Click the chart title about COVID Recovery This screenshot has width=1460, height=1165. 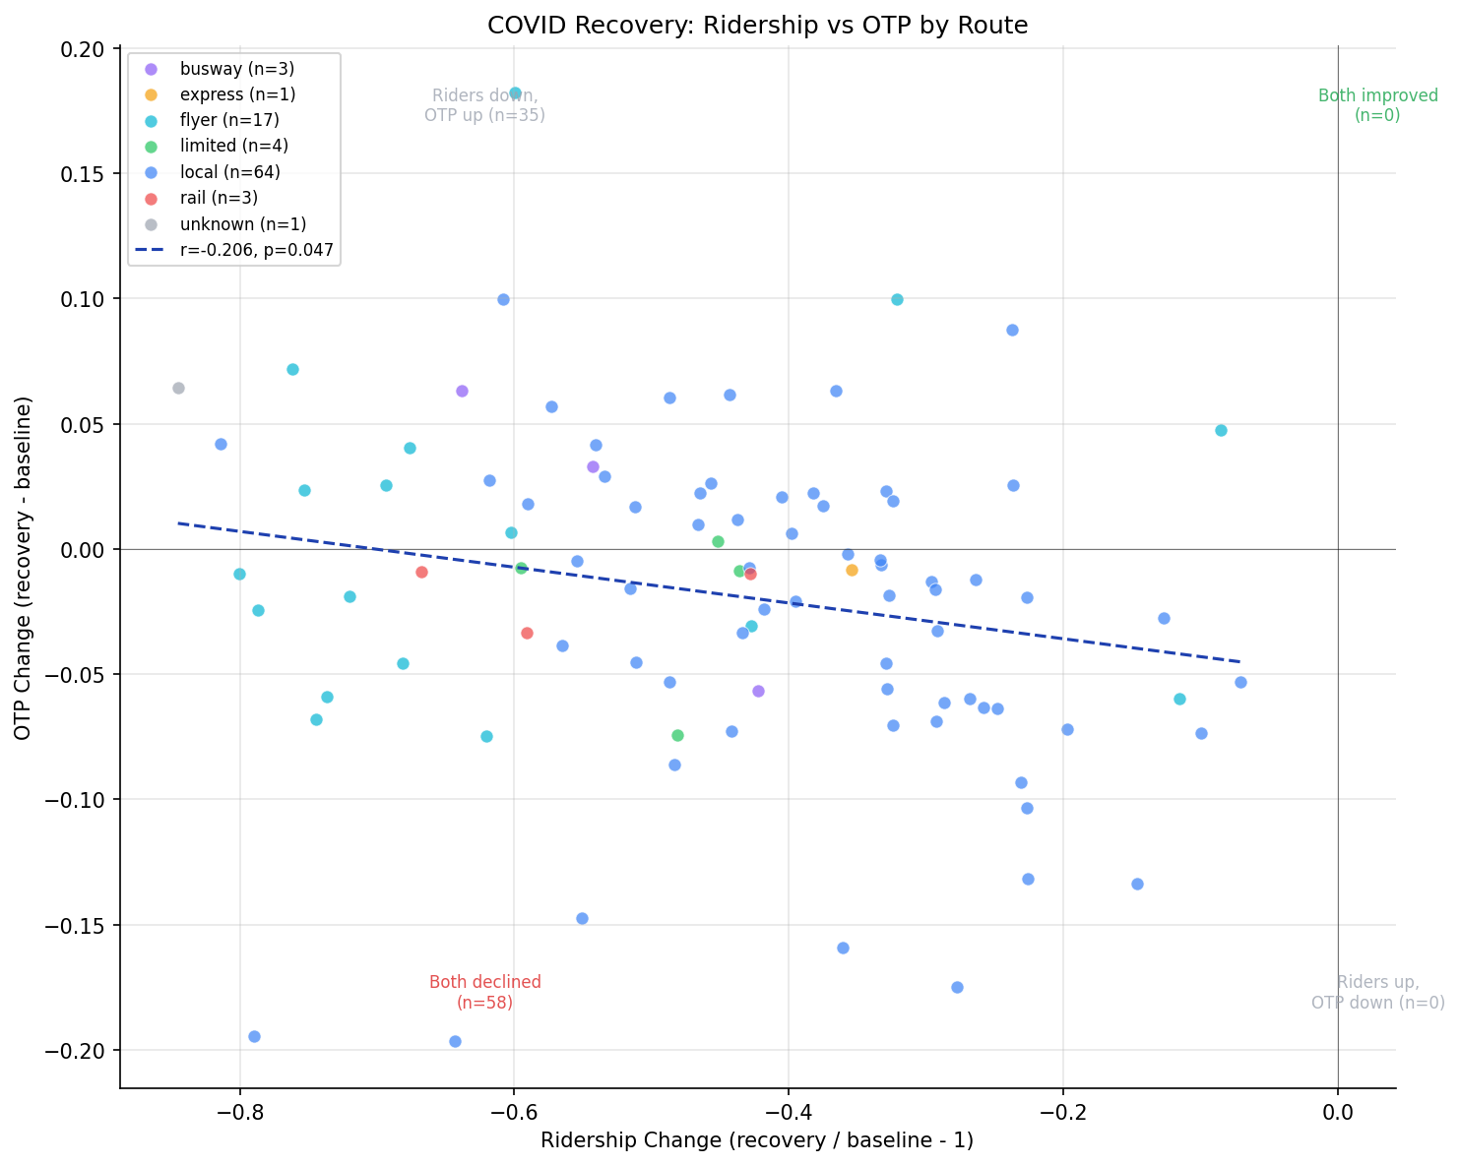[x=757, y=26]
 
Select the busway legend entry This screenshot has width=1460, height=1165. [x=236, y=69]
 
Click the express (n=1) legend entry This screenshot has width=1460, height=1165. [x=237, y=94]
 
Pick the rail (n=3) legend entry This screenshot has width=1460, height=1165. [x=219, y=198]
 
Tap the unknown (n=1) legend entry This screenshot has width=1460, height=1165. [x=242, y=224]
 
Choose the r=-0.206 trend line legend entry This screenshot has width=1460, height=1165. [x=256, y=250]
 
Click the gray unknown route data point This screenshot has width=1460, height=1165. [x=178, y=388]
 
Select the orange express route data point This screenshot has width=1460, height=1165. [x=852, y=570]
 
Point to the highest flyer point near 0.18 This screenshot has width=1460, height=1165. [x=515, y=92]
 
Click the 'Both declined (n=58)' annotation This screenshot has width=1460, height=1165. [x=484, y=992]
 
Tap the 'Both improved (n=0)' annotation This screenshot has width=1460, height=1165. [x=1377, y=105]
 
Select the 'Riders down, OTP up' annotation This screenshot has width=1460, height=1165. [x=484, y=105]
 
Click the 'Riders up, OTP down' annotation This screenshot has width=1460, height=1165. [x=1377, y=992]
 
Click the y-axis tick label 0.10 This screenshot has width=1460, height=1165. [x=84, y=299]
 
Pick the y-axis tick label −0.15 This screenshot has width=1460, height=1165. [x=79, y=926]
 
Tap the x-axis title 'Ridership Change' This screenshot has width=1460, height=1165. [x=757, y=1141]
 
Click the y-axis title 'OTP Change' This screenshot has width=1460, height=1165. [x=23, y=568]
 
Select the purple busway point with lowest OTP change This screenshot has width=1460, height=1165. [x=758, y=691]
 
